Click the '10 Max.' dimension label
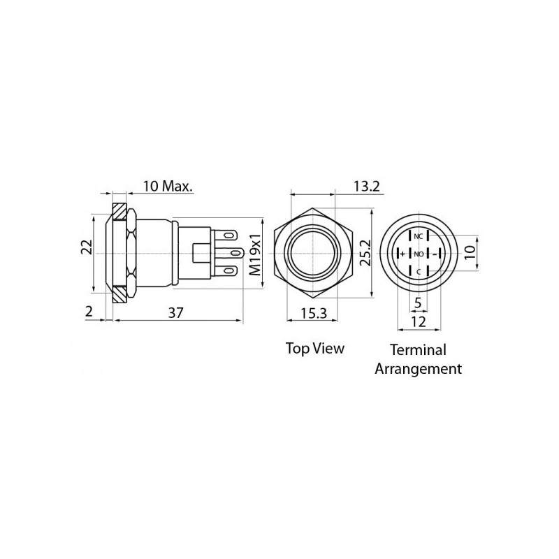[168, 187]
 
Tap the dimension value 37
[175, 313]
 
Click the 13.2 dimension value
[365, 186]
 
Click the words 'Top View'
[314, 347]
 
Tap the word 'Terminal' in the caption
[418, 349]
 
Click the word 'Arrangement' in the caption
[418, 368]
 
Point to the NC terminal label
[419, 236]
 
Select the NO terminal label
[419, 253]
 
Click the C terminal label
[419, 271]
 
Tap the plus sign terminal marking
[402, 253]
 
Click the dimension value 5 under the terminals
[418, 303]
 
